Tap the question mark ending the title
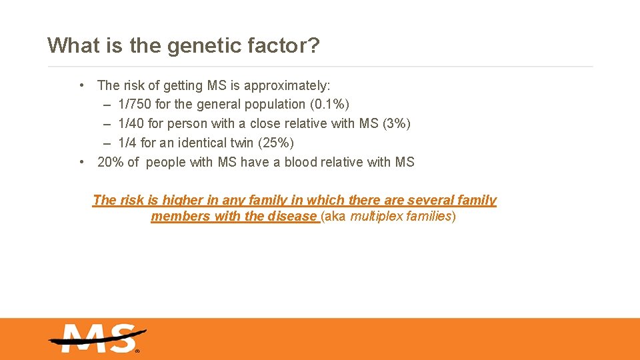(314, 45)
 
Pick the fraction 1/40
(129, 124)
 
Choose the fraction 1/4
(127, 143)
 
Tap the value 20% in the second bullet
(111, 163)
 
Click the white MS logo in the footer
(97, 338)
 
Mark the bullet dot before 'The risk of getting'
(81, 85)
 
